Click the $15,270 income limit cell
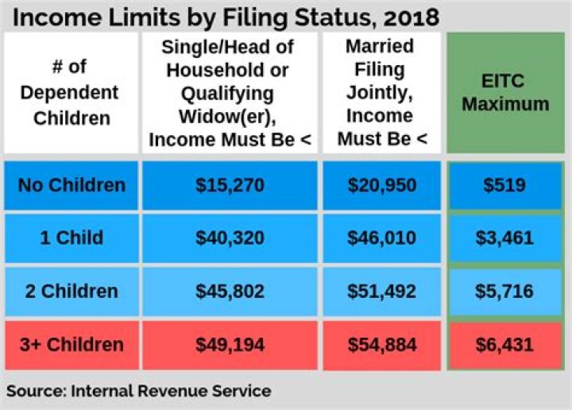click(230, 186)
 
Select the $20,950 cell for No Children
click(381, 186)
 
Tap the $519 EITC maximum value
click(505, 186)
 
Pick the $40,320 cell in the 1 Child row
click(230, 238)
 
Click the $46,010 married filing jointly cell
click(381, 238)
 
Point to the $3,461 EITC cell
click(505, 238)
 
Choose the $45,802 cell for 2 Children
click(230, 291)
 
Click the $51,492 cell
click(381, 291)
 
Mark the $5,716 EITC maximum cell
click(505, 291)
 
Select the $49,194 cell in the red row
click(230, 345)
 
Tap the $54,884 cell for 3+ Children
click(381, 345)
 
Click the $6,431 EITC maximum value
click(505, 345)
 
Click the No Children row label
click(71, 186)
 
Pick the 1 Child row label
click(71, 238)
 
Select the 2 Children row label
click(71, 291)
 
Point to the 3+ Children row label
click(71, 345)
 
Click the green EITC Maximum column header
click(505, 93)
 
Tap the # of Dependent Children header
click(71, 93)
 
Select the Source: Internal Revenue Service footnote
click(139, 391)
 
